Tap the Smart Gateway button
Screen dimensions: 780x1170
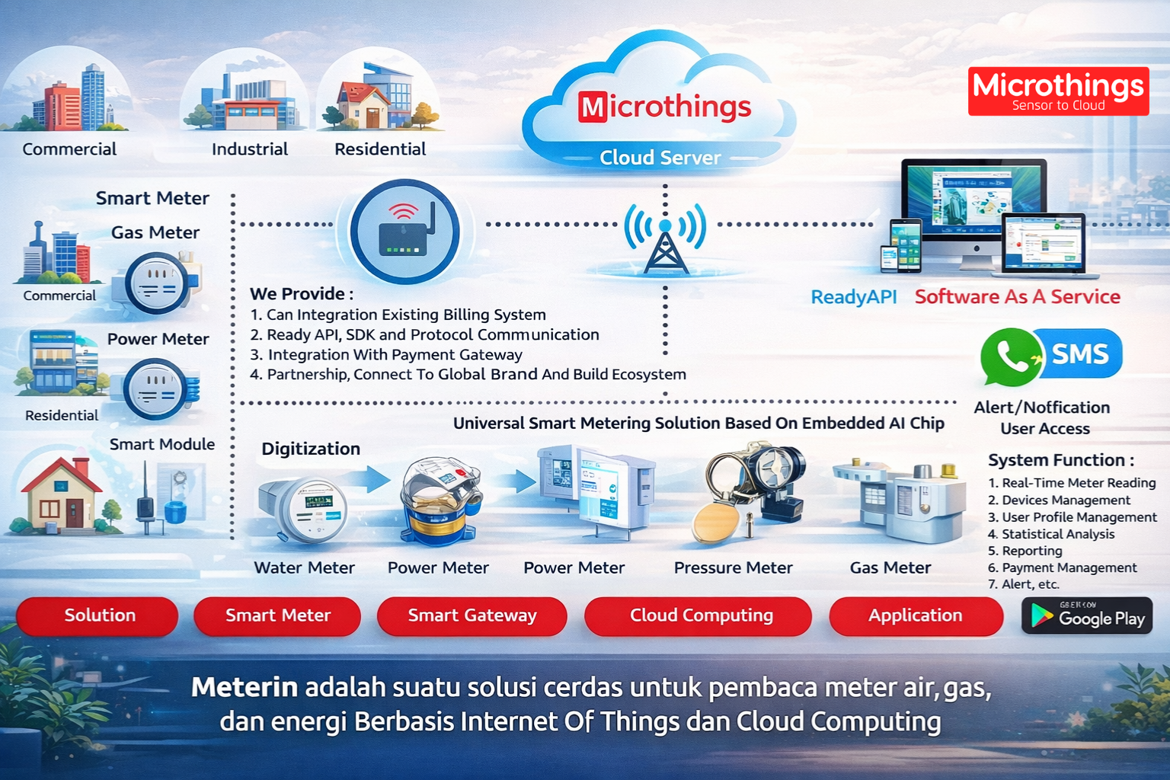(472, 615)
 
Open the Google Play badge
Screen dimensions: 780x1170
(1087, 615)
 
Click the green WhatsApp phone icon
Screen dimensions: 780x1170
(1010, 356)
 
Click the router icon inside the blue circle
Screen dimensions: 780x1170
(404, 231)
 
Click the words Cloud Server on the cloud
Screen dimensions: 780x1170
(660, 158)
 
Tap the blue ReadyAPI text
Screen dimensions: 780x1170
(853, 297)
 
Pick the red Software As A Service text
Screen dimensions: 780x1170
(1017, 297)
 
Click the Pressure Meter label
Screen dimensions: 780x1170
(733, 567)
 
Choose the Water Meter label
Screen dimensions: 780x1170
(304, 567)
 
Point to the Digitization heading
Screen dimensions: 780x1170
(311, 449)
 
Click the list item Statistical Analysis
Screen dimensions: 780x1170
(1057, 534)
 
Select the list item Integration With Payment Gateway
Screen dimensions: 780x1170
(394, 354)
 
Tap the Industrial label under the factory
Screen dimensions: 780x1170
(250, 149)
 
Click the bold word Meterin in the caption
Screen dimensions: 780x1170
(244, 687)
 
